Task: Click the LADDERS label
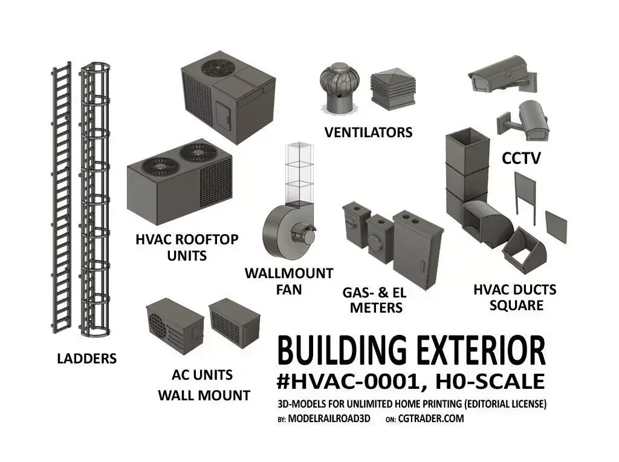(87, 359)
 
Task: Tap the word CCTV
(521, 158)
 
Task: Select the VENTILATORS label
(368, 132)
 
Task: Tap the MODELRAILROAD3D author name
(329, 418)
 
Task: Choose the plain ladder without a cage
(62, 197)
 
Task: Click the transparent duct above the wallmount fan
(299, 174)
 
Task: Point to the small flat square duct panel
(556, 227)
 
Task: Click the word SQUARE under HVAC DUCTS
(516, 305)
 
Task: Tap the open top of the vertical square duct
(467, 137)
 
